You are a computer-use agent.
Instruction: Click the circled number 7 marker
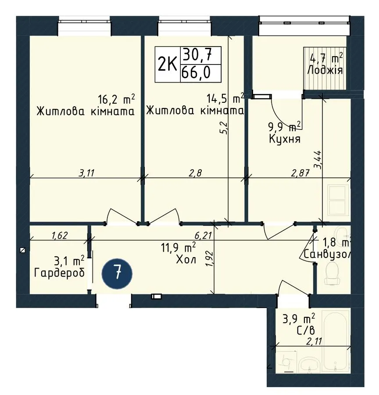click(117, 274)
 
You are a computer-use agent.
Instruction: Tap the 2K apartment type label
click(167, 64)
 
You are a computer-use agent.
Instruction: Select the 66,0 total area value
click(196, 73)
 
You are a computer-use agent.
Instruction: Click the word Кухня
click(285, 139)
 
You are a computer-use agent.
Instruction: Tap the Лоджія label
click(325, 70)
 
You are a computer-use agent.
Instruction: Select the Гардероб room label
click(59, 273)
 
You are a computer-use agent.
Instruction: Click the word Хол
click(186, 259)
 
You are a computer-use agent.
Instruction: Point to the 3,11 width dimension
click(86, 173)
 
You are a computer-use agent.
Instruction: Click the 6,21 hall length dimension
click(203, 235)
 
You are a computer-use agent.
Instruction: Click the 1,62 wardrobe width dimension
click(59, 235)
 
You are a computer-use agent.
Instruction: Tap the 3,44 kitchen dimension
click(317, 160)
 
